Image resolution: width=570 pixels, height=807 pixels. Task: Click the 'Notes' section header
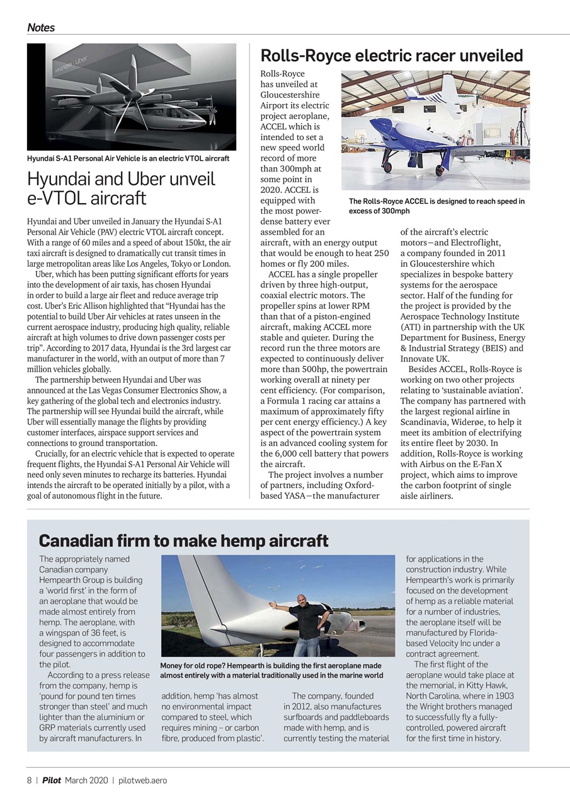point(41,28)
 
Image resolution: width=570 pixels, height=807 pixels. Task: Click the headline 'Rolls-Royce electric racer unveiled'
point(391,56)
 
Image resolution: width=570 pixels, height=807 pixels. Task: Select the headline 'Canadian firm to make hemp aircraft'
point(183,541)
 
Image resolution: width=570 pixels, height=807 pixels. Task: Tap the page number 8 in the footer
point(29,780)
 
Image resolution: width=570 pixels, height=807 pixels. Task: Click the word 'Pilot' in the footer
point(52,780)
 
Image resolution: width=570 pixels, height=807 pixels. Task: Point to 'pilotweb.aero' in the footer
point(142,780)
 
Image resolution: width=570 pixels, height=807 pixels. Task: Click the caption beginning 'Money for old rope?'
point(271,670)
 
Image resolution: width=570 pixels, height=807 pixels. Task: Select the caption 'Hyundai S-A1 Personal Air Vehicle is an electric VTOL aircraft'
point(128,158)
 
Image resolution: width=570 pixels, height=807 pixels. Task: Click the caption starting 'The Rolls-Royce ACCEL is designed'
point(436,206)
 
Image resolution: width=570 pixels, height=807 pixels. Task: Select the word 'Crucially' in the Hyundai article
point(55,454)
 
